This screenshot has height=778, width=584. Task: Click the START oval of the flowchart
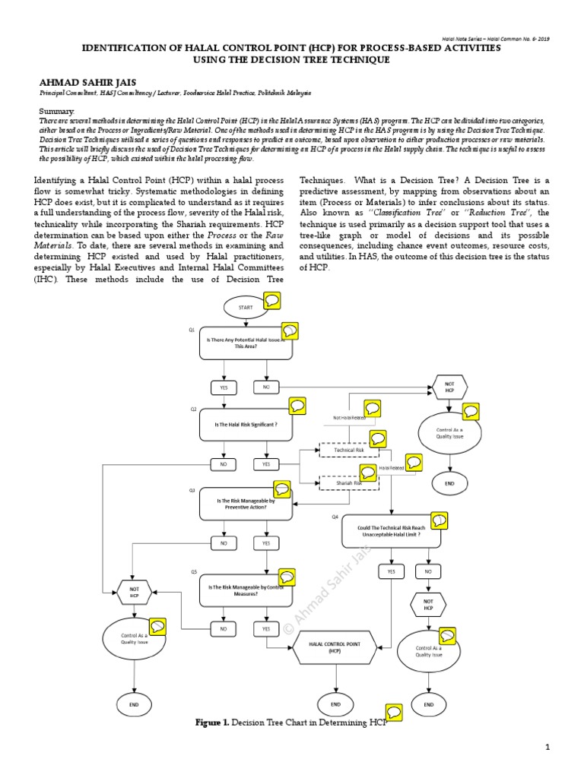click(x=245, y=307)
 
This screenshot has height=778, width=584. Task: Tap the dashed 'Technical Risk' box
click(x=349, y=451)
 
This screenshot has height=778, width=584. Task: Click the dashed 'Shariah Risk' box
click(x=349, y=482)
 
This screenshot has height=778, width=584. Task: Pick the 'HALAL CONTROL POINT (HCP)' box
click(x=335, y=647)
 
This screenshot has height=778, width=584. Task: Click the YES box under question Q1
click(x=224, y=387)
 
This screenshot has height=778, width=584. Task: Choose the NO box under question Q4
click(x=428, y=571)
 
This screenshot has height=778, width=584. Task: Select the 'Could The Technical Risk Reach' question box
click(x=391, y=531)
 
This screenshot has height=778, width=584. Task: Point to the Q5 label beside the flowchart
click(x=194, y=571)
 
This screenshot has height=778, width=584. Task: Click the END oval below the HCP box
click(x=335, y=704)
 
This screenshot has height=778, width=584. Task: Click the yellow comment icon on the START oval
click(x=271, y=301)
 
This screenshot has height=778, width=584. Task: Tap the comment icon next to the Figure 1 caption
click(x=394, y=712)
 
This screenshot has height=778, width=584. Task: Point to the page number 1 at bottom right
click(x=547, y=748)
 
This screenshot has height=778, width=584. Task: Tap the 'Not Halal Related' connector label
click(x=349, y=417)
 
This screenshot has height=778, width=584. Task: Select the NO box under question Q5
click(x=224, y=629)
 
